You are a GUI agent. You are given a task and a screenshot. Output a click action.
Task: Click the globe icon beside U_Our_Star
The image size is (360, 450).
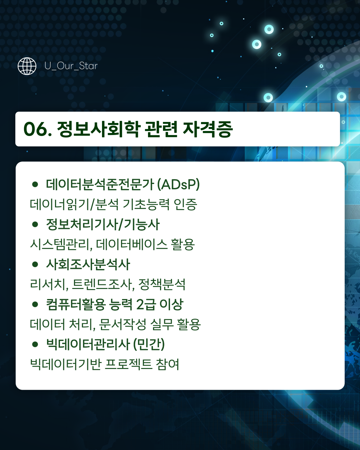pos(27,66)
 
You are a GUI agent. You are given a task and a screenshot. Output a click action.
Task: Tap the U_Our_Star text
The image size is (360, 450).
pos(71,66)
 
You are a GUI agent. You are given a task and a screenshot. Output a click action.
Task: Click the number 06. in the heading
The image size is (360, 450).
pos(38,129)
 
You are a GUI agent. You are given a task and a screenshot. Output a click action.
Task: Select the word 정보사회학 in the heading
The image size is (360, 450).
pos(98,129)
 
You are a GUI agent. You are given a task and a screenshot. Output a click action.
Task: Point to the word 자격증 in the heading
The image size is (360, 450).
pos(208,129)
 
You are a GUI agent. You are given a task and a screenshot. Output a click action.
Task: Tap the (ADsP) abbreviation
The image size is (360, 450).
pos(178,184)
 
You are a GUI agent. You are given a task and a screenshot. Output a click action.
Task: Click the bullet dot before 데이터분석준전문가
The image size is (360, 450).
pos(35,184)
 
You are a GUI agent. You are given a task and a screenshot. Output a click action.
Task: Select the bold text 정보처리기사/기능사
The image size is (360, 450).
pos(103,224)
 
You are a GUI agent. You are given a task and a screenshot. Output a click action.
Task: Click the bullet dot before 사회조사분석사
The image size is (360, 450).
pos(35,264)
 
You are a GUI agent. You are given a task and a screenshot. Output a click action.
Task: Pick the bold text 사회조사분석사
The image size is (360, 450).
pos(88,264)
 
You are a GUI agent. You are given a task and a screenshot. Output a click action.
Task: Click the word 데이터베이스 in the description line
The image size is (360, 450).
pos(132,244)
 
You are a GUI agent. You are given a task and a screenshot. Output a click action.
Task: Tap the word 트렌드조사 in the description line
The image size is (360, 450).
pos(103,284)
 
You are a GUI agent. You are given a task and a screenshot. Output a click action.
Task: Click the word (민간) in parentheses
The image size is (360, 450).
pos(149,344)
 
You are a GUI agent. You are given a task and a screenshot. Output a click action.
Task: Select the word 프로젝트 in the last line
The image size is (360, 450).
pos(128,364)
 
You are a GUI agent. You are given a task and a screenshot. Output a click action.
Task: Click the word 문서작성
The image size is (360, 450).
pos(122,324)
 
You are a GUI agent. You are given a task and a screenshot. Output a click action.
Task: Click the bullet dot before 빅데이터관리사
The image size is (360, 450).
pos(35,344)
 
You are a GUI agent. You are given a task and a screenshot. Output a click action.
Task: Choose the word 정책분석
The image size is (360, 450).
pos(162,284)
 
